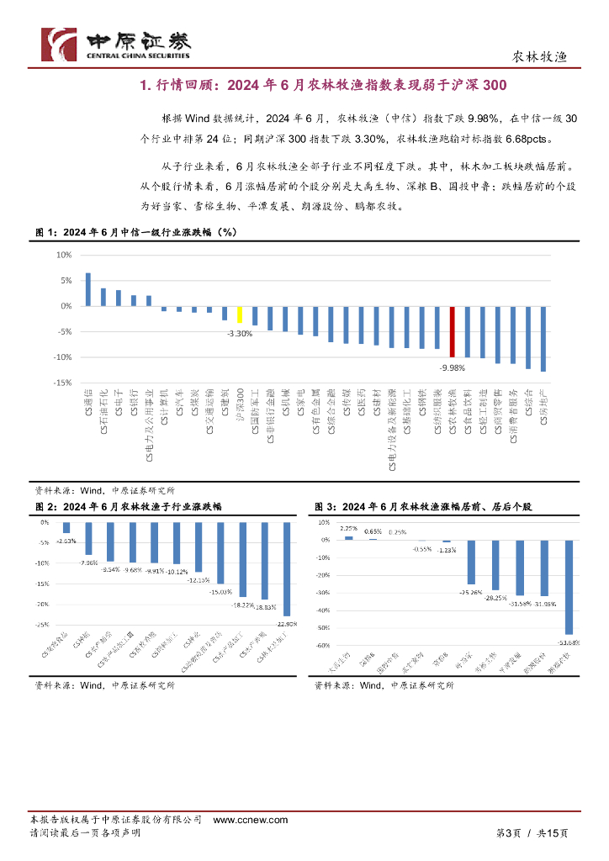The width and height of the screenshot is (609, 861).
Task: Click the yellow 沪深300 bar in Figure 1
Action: tap(240, 314)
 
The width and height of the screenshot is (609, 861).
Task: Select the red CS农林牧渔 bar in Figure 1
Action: tap(453, 333)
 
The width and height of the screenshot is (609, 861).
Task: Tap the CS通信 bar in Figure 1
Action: tap(87, 289)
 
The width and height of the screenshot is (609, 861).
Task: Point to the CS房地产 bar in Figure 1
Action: tap(543, 339)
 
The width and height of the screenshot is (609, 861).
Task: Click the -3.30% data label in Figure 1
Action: tap(240, 334)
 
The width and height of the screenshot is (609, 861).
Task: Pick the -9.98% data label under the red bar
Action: tap(453, 367)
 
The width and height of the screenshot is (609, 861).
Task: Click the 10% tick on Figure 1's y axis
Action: tap(63, 255)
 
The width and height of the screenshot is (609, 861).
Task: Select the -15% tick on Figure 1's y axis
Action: tap(61, 383)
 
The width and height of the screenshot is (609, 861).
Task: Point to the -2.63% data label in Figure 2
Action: tap(66, 541)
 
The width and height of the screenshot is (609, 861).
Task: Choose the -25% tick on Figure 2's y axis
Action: tap(40, 625)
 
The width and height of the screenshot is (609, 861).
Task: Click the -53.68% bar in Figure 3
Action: tap(569, 587)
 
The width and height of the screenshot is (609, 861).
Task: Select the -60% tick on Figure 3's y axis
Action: tap(322, 647)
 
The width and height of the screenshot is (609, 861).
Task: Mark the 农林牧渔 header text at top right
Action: tap(540, 56)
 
